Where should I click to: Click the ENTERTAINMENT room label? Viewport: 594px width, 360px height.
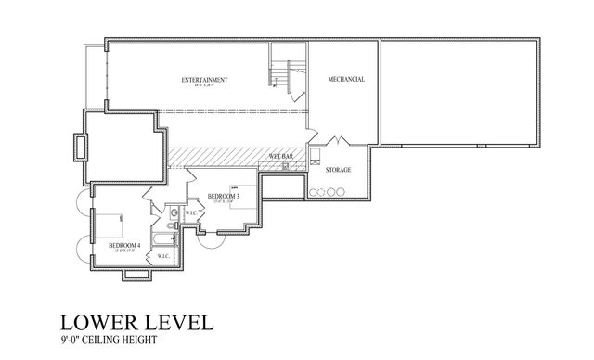(204, 80)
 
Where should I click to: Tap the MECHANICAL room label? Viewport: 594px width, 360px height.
(345, 80)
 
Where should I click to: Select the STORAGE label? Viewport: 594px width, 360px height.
(338, 170)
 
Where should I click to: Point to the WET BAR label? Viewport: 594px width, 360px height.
(282, 155)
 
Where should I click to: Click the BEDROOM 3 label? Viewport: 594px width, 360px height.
(224, 196)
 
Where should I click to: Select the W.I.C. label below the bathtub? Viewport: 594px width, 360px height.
(163, 256)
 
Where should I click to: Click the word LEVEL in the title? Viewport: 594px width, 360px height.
(181, 323)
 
